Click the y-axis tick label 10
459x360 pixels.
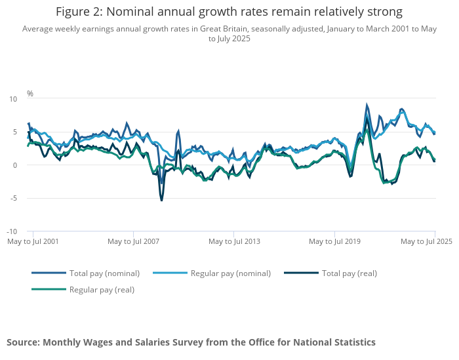[x=12, y=99]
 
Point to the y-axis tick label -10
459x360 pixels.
[x=12, y=231]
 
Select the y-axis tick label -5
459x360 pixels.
[x=13, y=198]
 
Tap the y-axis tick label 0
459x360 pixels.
[x=14, y=165]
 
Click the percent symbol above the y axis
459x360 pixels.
[x=30, y=94]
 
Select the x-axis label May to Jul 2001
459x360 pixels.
[x=33, y=241]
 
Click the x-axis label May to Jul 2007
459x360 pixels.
[x=134, y=241]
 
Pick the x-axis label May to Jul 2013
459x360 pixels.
[x=234, y=241]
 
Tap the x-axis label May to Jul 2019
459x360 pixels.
[x=335, y=241]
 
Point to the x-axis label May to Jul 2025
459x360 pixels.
[x=427, y=241]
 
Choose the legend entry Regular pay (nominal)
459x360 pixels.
[x=230, y=273]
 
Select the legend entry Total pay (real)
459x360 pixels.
[x=349, y=273]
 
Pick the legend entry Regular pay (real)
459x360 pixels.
[x=102, y=289]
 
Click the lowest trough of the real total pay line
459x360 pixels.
[x=161, y=199]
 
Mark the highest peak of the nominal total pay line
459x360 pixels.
[x=367, y=105]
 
